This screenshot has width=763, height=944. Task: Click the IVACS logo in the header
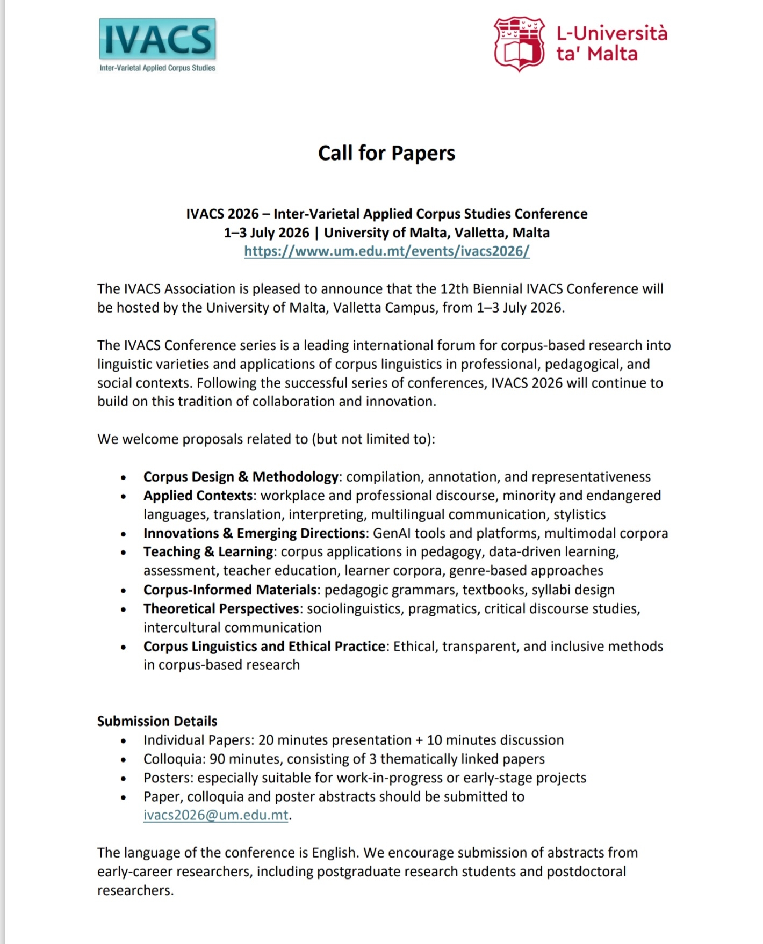[157, 39]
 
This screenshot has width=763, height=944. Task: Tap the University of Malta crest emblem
[520, 44]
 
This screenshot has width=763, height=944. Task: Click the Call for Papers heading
[386, 153]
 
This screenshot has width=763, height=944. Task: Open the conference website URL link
[386, 251]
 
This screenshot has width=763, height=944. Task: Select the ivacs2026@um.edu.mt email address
[215, 815]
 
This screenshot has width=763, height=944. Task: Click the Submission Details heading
[157, 721]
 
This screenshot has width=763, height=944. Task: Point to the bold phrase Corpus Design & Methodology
[241, 477]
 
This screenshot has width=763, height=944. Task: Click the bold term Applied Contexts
[198, 496]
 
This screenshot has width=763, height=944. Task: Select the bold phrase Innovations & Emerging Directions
[254, 533]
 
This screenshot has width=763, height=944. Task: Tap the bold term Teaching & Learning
[208, 552]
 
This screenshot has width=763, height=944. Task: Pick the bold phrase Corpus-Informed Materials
[230, 590]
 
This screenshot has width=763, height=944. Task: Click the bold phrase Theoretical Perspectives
[221, 608]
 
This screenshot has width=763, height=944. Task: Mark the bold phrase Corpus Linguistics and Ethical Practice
[264, 646]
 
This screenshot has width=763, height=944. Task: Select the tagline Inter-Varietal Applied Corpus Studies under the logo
[157, 68]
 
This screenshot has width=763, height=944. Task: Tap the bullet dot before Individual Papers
[124, 742]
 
